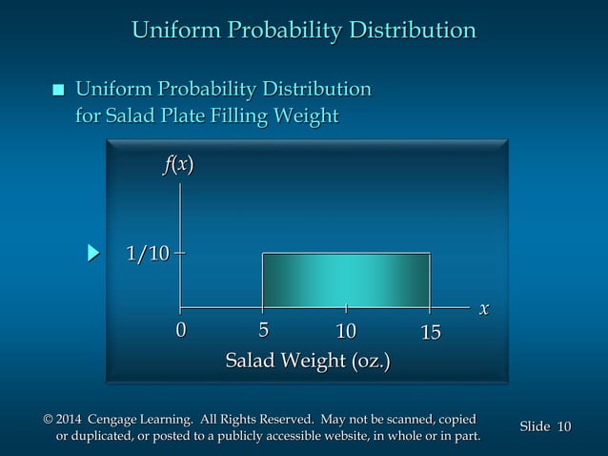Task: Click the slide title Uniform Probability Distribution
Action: click(303, 31)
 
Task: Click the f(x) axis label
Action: click(178, 165)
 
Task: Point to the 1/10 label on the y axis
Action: click(148, 254)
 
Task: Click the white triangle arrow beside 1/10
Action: click(92, 254)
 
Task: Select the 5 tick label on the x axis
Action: click(263, 331)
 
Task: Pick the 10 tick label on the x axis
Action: click(346, 331)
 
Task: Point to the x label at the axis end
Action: click(484, 308)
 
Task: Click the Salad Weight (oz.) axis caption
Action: click(307, 362)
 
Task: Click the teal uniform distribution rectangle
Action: click(346, 279)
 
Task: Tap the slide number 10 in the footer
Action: click(563, 426)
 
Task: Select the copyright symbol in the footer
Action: click(49, 419)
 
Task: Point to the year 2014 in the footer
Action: click(71, 419)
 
